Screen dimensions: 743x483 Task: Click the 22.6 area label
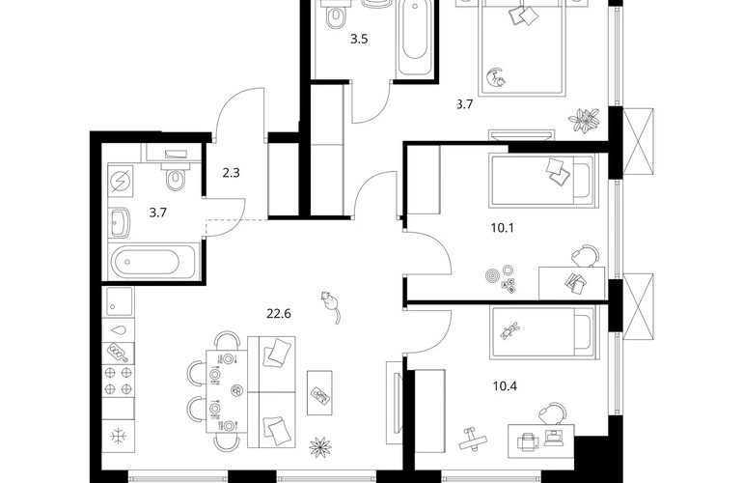(278, 314)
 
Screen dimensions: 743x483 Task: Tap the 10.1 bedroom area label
(503, 228)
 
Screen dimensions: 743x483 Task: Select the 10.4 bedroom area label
(505, 386)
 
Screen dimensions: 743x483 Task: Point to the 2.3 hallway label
(232, 173)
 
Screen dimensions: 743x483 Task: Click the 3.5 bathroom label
(359, 39)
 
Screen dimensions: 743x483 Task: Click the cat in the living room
(330, 306)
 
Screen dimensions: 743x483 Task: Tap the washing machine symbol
(121, 180)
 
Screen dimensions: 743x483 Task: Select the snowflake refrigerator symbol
(118, 436)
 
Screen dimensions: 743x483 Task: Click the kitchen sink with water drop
(118, 330)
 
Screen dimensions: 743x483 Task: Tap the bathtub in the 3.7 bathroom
(151, 262)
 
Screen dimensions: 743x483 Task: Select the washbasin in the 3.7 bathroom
(120, 223)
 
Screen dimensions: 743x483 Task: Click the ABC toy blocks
(509, 286)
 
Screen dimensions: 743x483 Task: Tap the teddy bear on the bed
(510, 330)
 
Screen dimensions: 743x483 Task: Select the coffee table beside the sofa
(319, 393)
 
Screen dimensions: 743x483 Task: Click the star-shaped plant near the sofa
(319, 446)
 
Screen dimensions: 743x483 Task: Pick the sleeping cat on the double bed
(497, 77)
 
